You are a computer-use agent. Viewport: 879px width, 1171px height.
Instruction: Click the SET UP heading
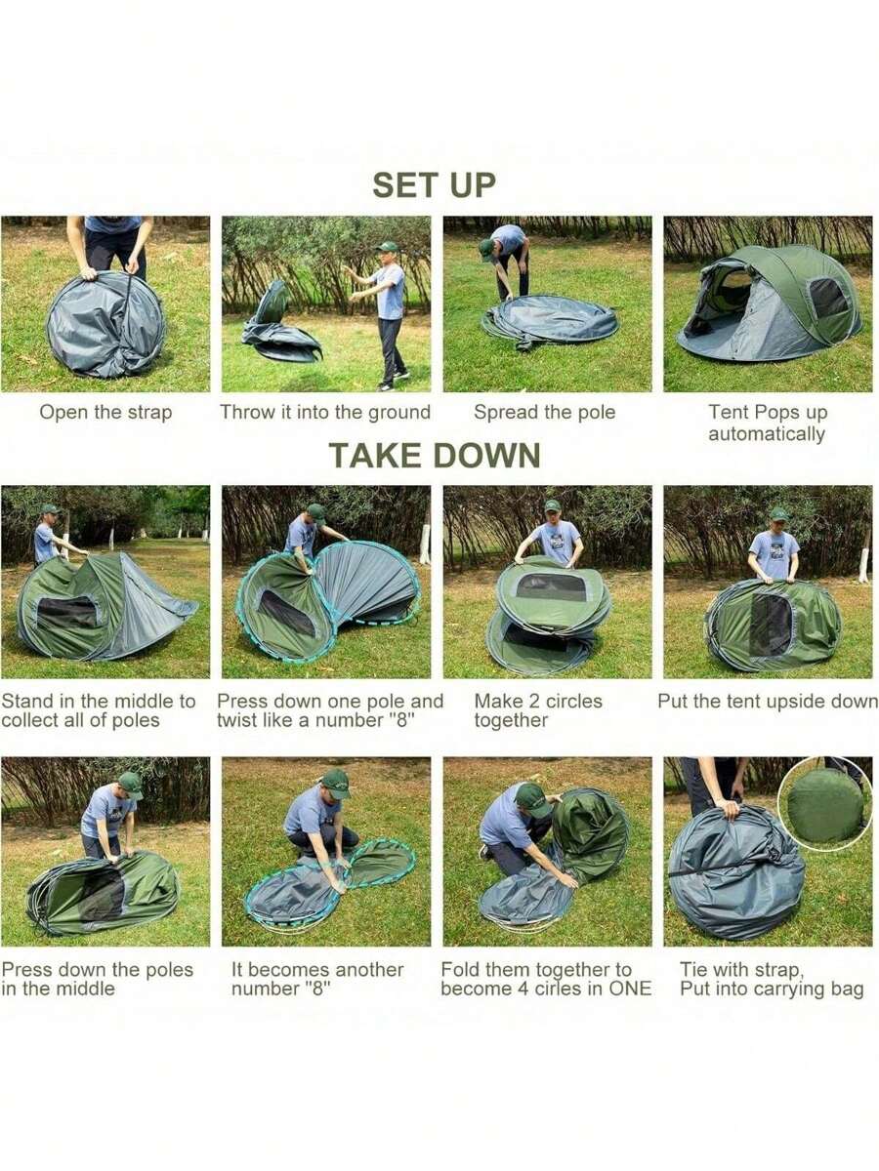coord(434,184)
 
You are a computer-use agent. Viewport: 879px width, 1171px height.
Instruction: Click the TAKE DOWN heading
coord(434,455)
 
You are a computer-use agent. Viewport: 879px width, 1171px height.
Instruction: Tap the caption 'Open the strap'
coord(105,412)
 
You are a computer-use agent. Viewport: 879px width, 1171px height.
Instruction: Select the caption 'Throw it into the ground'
coord(325,412)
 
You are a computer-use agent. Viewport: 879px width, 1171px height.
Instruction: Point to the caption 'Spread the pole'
coord(545,412)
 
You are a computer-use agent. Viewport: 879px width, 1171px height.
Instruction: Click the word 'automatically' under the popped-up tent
coord(767,434)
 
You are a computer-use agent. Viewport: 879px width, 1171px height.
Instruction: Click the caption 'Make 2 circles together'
coord(538,710)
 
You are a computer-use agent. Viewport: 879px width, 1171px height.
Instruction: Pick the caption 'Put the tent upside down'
coord(768,701)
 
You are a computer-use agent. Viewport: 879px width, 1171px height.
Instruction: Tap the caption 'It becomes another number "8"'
coord(317,979)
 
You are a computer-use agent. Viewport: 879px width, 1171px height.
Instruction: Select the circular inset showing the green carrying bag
coord(825,806)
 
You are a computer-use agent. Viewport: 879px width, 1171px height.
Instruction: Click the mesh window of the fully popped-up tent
coord(828,298)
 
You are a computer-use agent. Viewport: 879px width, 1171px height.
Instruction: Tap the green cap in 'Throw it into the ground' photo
coord(389,247)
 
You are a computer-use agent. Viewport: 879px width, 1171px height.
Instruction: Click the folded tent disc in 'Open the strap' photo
coord(105,324)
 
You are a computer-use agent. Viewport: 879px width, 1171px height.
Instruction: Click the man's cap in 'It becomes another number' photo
coord(335,780)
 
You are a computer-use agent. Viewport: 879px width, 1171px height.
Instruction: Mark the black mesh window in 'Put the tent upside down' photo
coord(771,625)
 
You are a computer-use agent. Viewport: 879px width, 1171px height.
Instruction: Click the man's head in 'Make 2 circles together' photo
coord(553,510)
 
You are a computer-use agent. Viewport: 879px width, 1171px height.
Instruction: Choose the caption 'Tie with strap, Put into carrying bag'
coord(772,979)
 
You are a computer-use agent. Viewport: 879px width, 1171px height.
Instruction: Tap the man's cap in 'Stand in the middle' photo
coord(49,509)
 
